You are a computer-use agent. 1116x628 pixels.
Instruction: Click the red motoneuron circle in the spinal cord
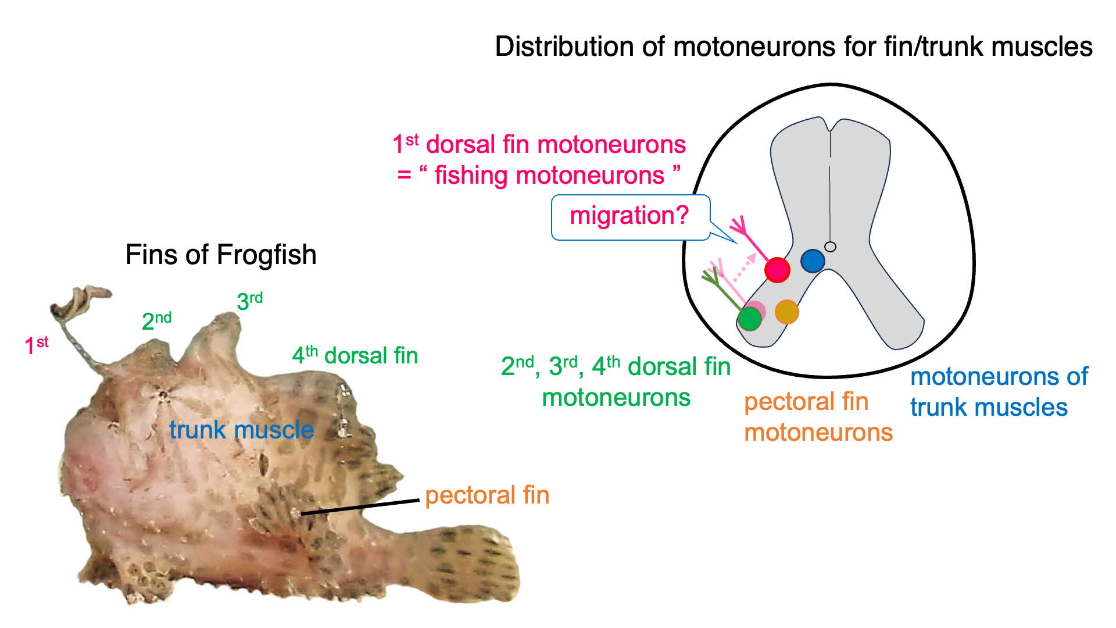click(x=777, y=270)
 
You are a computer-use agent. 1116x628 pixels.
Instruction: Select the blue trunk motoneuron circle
click(x=813, y=261)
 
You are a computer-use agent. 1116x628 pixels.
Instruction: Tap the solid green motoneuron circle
click(x=750, y=319)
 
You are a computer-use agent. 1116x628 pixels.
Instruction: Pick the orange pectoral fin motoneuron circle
click(x=787, y=312)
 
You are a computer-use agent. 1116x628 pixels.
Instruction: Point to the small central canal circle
click(x=831, y=247)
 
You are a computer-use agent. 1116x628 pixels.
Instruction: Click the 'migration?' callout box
click(x=630, y=217)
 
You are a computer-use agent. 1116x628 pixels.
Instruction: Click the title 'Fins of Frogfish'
click(x=221, y=255)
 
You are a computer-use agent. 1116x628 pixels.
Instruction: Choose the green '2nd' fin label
click(x=156, y=320)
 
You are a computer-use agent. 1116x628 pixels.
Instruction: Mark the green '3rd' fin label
click(x=249, y=300)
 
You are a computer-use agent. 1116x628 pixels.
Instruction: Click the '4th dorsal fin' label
click(x=355, y=355)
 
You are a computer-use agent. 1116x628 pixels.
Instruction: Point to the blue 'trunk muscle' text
click(x=241, y=430)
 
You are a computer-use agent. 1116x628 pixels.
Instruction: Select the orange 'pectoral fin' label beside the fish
click(x=487, y=495)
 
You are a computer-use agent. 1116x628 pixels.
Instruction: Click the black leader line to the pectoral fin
click(x=360, y=506)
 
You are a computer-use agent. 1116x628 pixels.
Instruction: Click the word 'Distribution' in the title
click(x=563, y=47)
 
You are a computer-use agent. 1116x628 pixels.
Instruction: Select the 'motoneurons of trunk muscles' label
click(x=998, y=392)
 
